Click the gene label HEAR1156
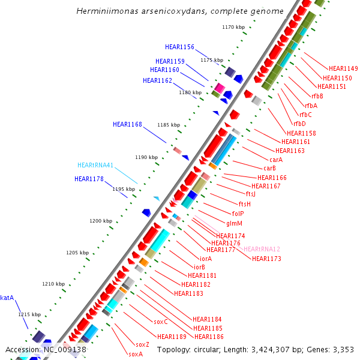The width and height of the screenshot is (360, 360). tap(179, 47)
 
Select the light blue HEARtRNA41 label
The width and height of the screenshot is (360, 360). tap(95, 165)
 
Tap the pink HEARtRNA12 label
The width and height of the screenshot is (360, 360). tap(262, 249)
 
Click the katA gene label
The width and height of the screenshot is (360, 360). tap(7, 297)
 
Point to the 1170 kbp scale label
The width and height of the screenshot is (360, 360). tap(233, 27)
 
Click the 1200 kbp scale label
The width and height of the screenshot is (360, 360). tap(101, 221)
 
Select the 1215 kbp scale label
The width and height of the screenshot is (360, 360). tap(29, 314)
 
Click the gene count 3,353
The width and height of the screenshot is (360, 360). tap(341, 349)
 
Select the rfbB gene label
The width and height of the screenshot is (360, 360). tap(317, 96)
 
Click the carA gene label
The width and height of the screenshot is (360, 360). tap(276, 160)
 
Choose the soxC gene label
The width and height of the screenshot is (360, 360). tap(161, 322)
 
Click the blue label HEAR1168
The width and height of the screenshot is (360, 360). tap(127, 124)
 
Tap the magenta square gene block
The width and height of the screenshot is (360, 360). tap(220, 88)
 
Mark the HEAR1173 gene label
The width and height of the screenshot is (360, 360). tap(266, 259)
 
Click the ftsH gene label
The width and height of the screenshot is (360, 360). tap(244, 204)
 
